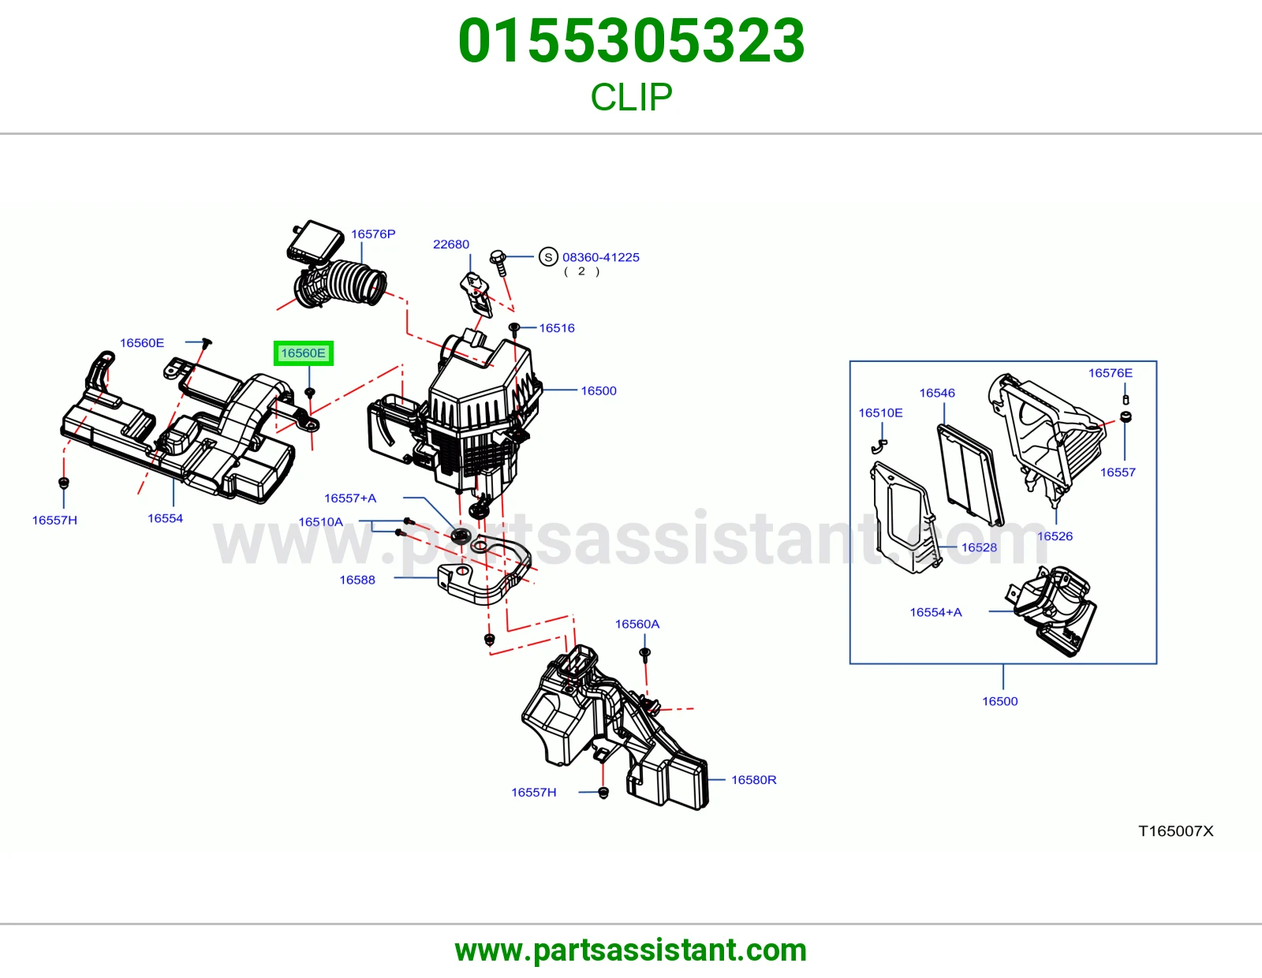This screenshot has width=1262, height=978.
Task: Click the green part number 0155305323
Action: pyautogui.click(x=631, y=40)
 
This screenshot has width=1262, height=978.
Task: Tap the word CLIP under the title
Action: pyautogui.click(x=631, y=96)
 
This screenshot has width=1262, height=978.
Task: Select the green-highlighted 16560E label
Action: pyautogui.click(x=303, y=353)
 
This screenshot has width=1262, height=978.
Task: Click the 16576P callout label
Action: pyautogui.click(x=373, y=234)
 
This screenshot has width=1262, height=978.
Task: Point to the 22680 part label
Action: pyautogui.click(x=450, y=244)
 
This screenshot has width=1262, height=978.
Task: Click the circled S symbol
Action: pyautogui.click(x=548, y=256)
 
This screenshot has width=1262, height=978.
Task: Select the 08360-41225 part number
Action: pyautogui.click(x=600, y=257)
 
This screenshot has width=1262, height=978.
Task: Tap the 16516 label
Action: pyautogui.click(x=556, y=328)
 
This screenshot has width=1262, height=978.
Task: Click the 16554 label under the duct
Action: pyautogui.click(x=165, y=518)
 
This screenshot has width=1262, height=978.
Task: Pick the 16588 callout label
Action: pyautogui.click(x=357, y=580)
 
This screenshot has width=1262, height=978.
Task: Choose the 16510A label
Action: pyautogui.click(x=320, y=521)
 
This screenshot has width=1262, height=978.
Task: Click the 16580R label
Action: pyautogui.click(x=753, y=779)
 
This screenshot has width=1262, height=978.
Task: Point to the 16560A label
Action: pyautogui.click(x=637, y=624)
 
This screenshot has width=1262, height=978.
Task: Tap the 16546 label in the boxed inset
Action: pyautogui.click(x=937, y=393)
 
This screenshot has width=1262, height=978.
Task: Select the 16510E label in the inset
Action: pyautogui.click(x=880, y=413)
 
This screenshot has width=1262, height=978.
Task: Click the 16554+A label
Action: pyautogui.click(x=935, y=612)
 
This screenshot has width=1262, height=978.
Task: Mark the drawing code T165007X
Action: pyautogui.click(x=1175, y=831)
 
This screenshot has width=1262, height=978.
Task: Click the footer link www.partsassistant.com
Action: pyautogui.click(x=631, y=950)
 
